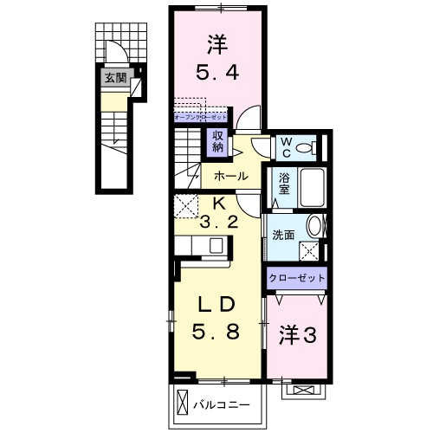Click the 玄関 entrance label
click(115, 79)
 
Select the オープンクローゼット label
click(200, 115)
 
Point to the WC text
click(283, 148)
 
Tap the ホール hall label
click(230, 176)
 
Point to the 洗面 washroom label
click(283, 234)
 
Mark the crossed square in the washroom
click(307, 251)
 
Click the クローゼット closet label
click(297, 278)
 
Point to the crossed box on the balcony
click(182, 403)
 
